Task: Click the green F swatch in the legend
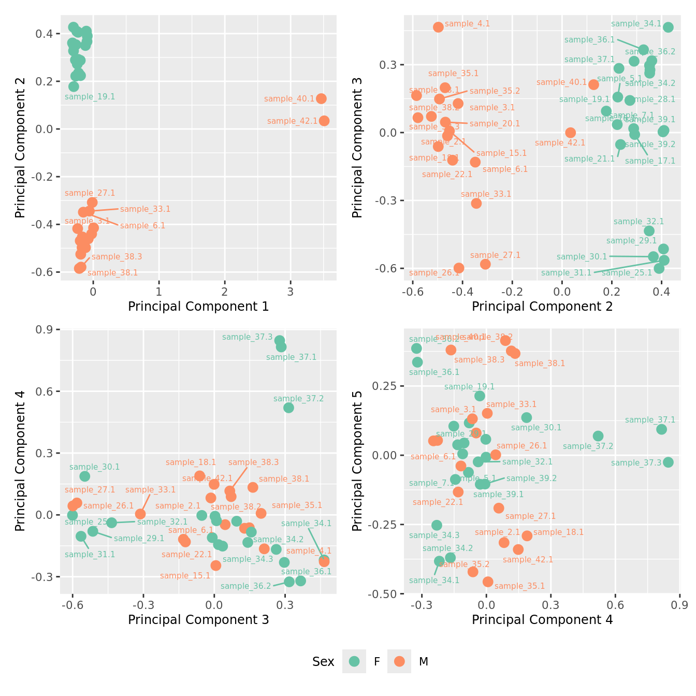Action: (x=354, y=661)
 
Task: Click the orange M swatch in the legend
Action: (x=399, y=661)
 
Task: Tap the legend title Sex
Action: (x=323, y=662)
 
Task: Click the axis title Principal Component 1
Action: (x=198, y=307)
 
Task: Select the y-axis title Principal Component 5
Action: (x=357, y=461)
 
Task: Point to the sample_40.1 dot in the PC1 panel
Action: (x=321, y=98)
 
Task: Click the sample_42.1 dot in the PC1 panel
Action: (x=324, y=121)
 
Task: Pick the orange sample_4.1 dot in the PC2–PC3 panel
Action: (x=439, y=27)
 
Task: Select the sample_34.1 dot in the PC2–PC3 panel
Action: (x=668, y=27)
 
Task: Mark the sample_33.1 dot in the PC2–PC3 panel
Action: (x=476, y=203)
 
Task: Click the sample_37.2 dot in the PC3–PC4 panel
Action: (x=288, y=408)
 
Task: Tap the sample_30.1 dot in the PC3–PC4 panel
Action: (x=85, y=476)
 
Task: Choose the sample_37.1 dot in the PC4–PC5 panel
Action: (x=661, y=429)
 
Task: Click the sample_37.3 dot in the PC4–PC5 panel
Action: (x=668, y=462)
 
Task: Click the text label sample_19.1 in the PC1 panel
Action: (x=90, y=97)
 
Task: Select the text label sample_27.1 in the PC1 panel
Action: (x=90, y=193)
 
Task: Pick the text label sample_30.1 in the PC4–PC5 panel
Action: (x=536, y=428)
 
